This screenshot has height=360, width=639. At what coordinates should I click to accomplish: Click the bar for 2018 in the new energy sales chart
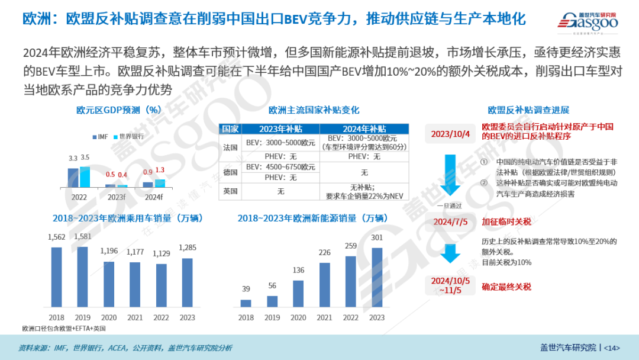pyautogui.click(x=246, y=303)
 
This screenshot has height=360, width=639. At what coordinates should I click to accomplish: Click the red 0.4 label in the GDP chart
pyautogui.click(x=122, y=175)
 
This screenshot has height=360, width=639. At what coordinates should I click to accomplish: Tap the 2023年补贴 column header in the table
pyautogui.click(x=280, y=128)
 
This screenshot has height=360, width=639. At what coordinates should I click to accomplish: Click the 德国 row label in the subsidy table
pyautogui.click(x=230, y=172)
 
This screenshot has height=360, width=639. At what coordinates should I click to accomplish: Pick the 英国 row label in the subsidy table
pyautogui.click(x=230, y=191)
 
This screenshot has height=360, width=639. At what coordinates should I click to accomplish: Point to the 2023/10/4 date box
pyautogui.click(x=451, y=133)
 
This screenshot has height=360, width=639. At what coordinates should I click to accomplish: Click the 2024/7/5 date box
pyautogui.click(x=450, y=222)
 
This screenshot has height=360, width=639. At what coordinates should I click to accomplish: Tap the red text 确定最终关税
pyautogui.click(x=506, y=287)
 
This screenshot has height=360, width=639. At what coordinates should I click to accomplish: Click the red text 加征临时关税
pyautogui.click(x=506, y=222)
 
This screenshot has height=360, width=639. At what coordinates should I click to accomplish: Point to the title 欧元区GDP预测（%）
pyautogui.click(x=119, y=110)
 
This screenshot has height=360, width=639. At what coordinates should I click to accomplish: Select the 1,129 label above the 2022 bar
pyautogui.click(x=160, y=254)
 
